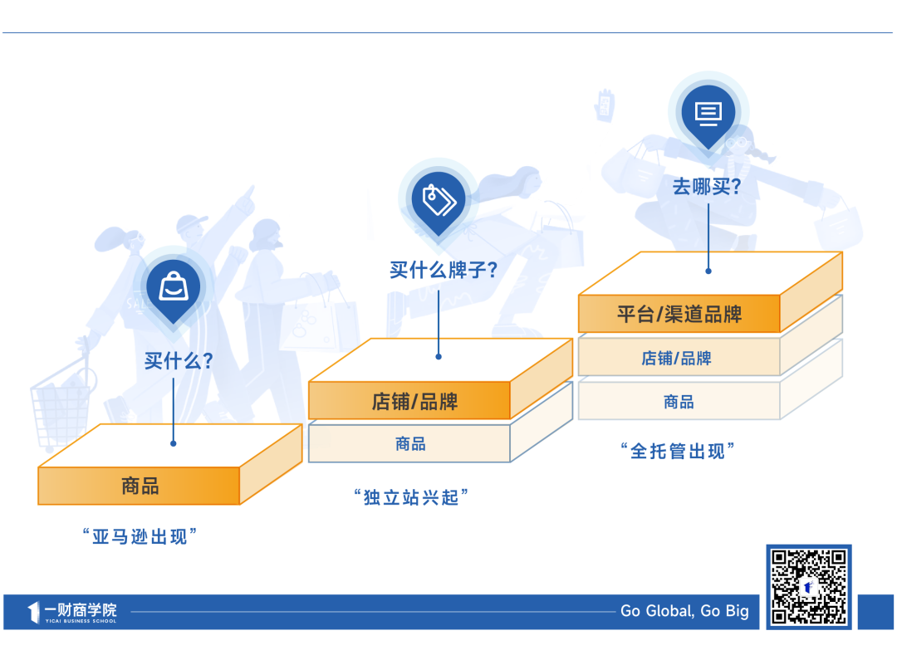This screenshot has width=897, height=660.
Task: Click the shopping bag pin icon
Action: pyautogui.click(x=174, y=290)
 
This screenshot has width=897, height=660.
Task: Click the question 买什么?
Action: pyautogui.click(x=179, y=360)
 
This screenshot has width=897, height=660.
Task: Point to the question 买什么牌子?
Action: pyautogui.click(x=444, y=269)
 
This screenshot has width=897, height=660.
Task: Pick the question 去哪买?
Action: pyautogui.click(x=707, y=186)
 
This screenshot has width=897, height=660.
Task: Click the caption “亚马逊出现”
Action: pyautogui.click(x=140, y=536)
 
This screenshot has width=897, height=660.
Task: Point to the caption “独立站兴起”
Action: pyautogui.click(x=411, y=497)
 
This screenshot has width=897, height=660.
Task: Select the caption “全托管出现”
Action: pyautogui.click(x=678, y=451)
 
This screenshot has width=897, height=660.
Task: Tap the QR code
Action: pyautogui.click(x=809, y=587)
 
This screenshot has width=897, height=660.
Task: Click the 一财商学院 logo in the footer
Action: pyautogui.click(x=72, y=612)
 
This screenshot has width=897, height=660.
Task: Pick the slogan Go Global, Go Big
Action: pyautogui.click(x=684, y=611)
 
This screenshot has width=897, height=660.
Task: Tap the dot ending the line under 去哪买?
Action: pyautogui.click(x=708, y=271)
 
